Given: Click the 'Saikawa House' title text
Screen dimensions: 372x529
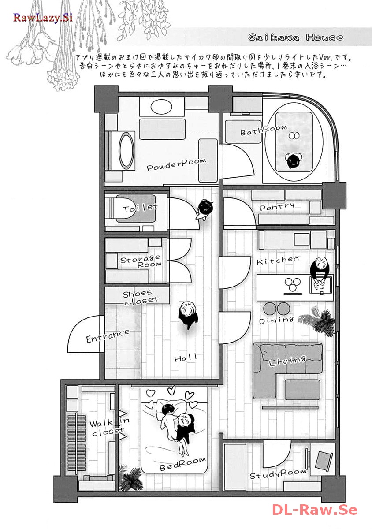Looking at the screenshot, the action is [295, 37].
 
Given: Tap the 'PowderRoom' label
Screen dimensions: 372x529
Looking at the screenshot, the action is [176, 164].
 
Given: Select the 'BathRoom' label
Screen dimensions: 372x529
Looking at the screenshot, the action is [264, 130].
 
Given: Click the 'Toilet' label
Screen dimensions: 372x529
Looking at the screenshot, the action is [140, 208].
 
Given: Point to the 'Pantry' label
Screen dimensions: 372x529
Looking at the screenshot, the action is [277, 207].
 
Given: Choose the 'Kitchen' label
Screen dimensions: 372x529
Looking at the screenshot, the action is [278, 261].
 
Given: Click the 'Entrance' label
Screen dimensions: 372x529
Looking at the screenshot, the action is [108, 336].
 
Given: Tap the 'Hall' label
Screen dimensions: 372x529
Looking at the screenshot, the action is [186, 358].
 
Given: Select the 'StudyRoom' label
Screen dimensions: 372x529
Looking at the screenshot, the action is [278, 474].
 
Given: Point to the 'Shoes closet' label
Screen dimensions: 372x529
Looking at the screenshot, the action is [140, 297].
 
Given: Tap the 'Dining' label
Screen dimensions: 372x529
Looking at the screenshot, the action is [276, 320].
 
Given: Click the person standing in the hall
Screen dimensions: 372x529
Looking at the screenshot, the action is [188, 315].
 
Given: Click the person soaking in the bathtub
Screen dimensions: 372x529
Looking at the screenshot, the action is [293, 160].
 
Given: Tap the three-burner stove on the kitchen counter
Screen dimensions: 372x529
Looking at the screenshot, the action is [293, 285].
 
